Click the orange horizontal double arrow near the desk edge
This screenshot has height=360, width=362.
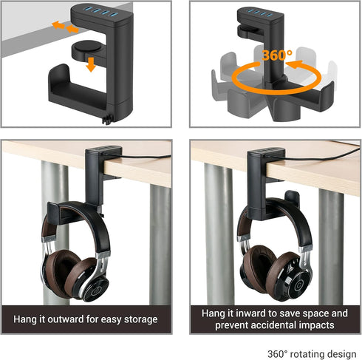tap(63, 27)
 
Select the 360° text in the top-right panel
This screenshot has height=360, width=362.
tap(274, 55)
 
